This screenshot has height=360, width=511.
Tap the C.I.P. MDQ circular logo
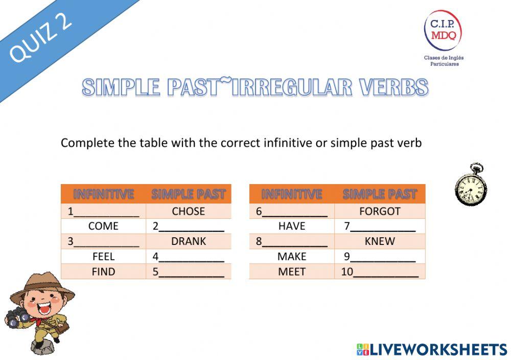tap(443, 30)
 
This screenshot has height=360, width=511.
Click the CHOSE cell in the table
tap(188, 211)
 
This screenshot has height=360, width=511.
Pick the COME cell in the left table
tap(103, 226)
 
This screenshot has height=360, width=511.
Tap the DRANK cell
tap(188, 241)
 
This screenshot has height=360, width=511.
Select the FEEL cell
tap(103, 257)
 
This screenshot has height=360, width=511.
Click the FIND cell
tap(103, 272)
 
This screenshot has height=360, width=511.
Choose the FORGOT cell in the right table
tap(380, 211)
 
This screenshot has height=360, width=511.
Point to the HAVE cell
tap(292, 226)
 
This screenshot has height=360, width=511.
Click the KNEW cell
tap(380, 241)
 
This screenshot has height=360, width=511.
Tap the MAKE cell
tap(292, 257)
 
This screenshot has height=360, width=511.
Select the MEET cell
tap(292, 272)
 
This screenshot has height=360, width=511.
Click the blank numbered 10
tap(385, 273)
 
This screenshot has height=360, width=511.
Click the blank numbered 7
tap(383, 227)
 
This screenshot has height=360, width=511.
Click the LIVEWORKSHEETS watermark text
tap(437, 350)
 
